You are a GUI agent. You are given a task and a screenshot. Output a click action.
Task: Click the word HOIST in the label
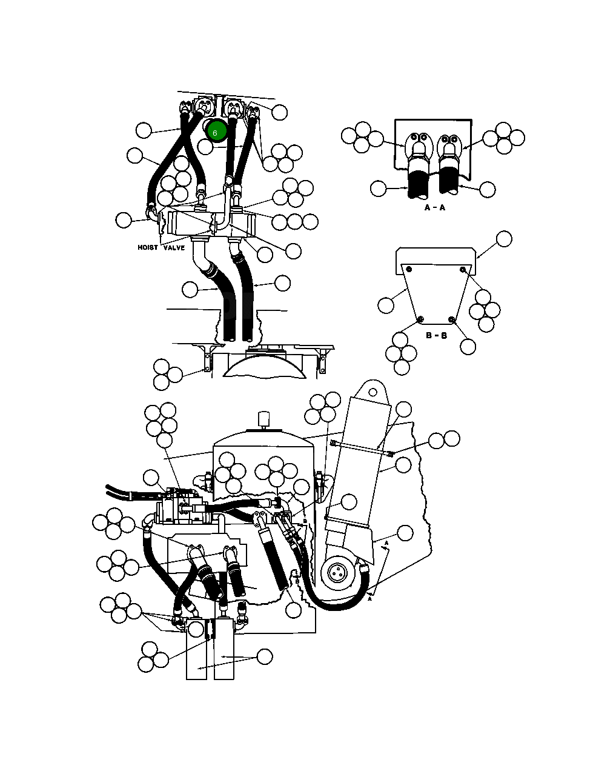(x=148, y=247)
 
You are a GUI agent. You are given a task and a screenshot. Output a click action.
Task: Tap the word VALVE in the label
(x=174, y=247)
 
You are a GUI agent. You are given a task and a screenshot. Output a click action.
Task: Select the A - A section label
(x=435, y=207)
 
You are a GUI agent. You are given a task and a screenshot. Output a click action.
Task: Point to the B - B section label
(x=436, y=336)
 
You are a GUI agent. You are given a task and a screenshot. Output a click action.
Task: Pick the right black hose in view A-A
(x=448, y=182)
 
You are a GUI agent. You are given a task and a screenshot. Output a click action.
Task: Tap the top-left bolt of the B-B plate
(x=409, y=269)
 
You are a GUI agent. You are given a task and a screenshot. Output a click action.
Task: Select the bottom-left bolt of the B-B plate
(x=421, y=319)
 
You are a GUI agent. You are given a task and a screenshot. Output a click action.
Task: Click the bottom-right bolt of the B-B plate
(x=452, y=319)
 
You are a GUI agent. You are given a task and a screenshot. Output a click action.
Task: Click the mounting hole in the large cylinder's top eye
(x=373, y=392)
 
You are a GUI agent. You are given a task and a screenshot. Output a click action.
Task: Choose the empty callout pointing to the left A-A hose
(x=378, y=189)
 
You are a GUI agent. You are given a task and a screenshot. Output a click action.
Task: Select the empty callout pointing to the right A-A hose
(x=488, y=190)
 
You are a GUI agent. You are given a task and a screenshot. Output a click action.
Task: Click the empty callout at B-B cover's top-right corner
(x=505, y=239)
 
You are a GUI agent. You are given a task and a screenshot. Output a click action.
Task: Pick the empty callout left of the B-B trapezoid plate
(x=386, y=305)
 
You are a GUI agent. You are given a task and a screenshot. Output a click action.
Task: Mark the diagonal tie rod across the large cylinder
(x=362, y=449)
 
